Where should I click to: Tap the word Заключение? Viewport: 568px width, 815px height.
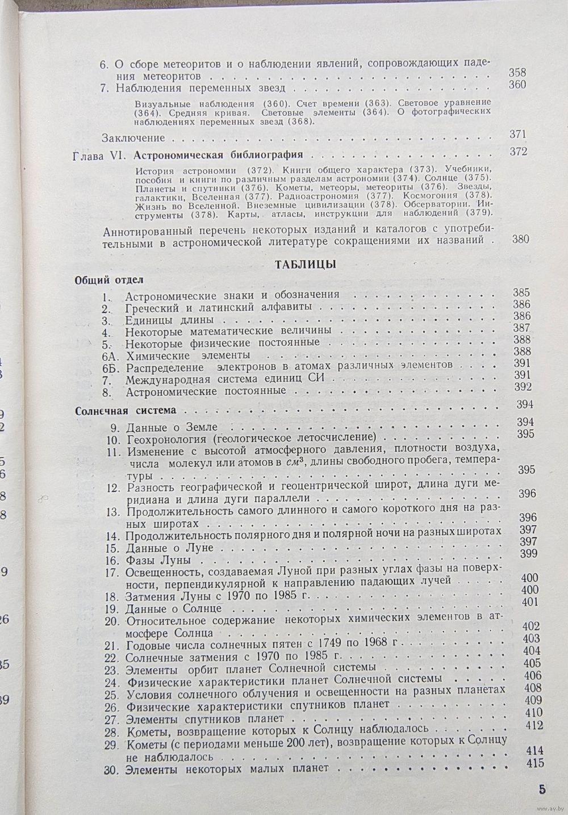(x=133, y=137)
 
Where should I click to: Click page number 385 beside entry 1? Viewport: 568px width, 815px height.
(x=521, y=293)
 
